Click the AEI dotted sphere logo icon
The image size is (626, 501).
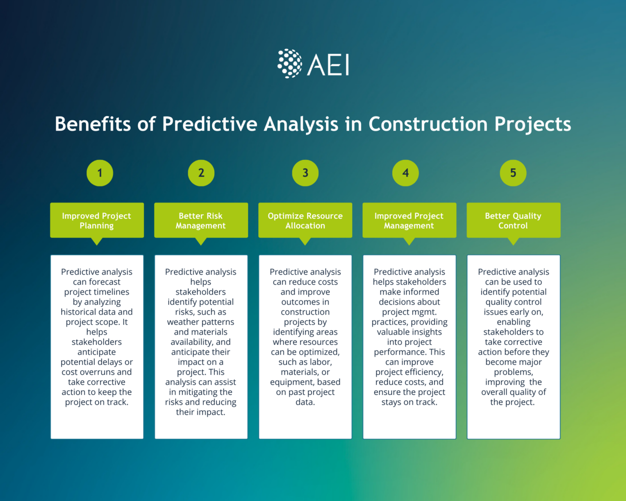coord(290,64)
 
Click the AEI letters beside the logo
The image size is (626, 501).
coord(329,65)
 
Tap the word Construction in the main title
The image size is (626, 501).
coord(428,124)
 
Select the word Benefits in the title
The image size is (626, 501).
coord(92,124)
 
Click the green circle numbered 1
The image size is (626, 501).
coord(100,173)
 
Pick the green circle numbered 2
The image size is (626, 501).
coord(201,173)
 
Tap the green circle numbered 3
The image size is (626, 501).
coord(305,173)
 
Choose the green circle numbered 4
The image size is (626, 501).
coord(405,173)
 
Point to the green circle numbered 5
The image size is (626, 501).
coord(513,173)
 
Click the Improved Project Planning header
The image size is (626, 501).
coord(97,221)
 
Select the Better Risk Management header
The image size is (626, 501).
coord(201,221)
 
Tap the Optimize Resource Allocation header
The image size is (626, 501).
coord(305,221)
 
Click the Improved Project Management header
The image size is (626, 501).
coord(409,221)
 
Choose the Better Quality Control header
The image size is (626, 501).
coord(513,221)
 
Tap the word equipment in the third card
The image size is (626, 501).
coord(292,382)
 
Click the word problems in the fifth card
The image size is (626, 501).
coord(513,372)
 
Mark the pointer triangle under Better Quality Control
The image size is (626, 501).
coord(513,241)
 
